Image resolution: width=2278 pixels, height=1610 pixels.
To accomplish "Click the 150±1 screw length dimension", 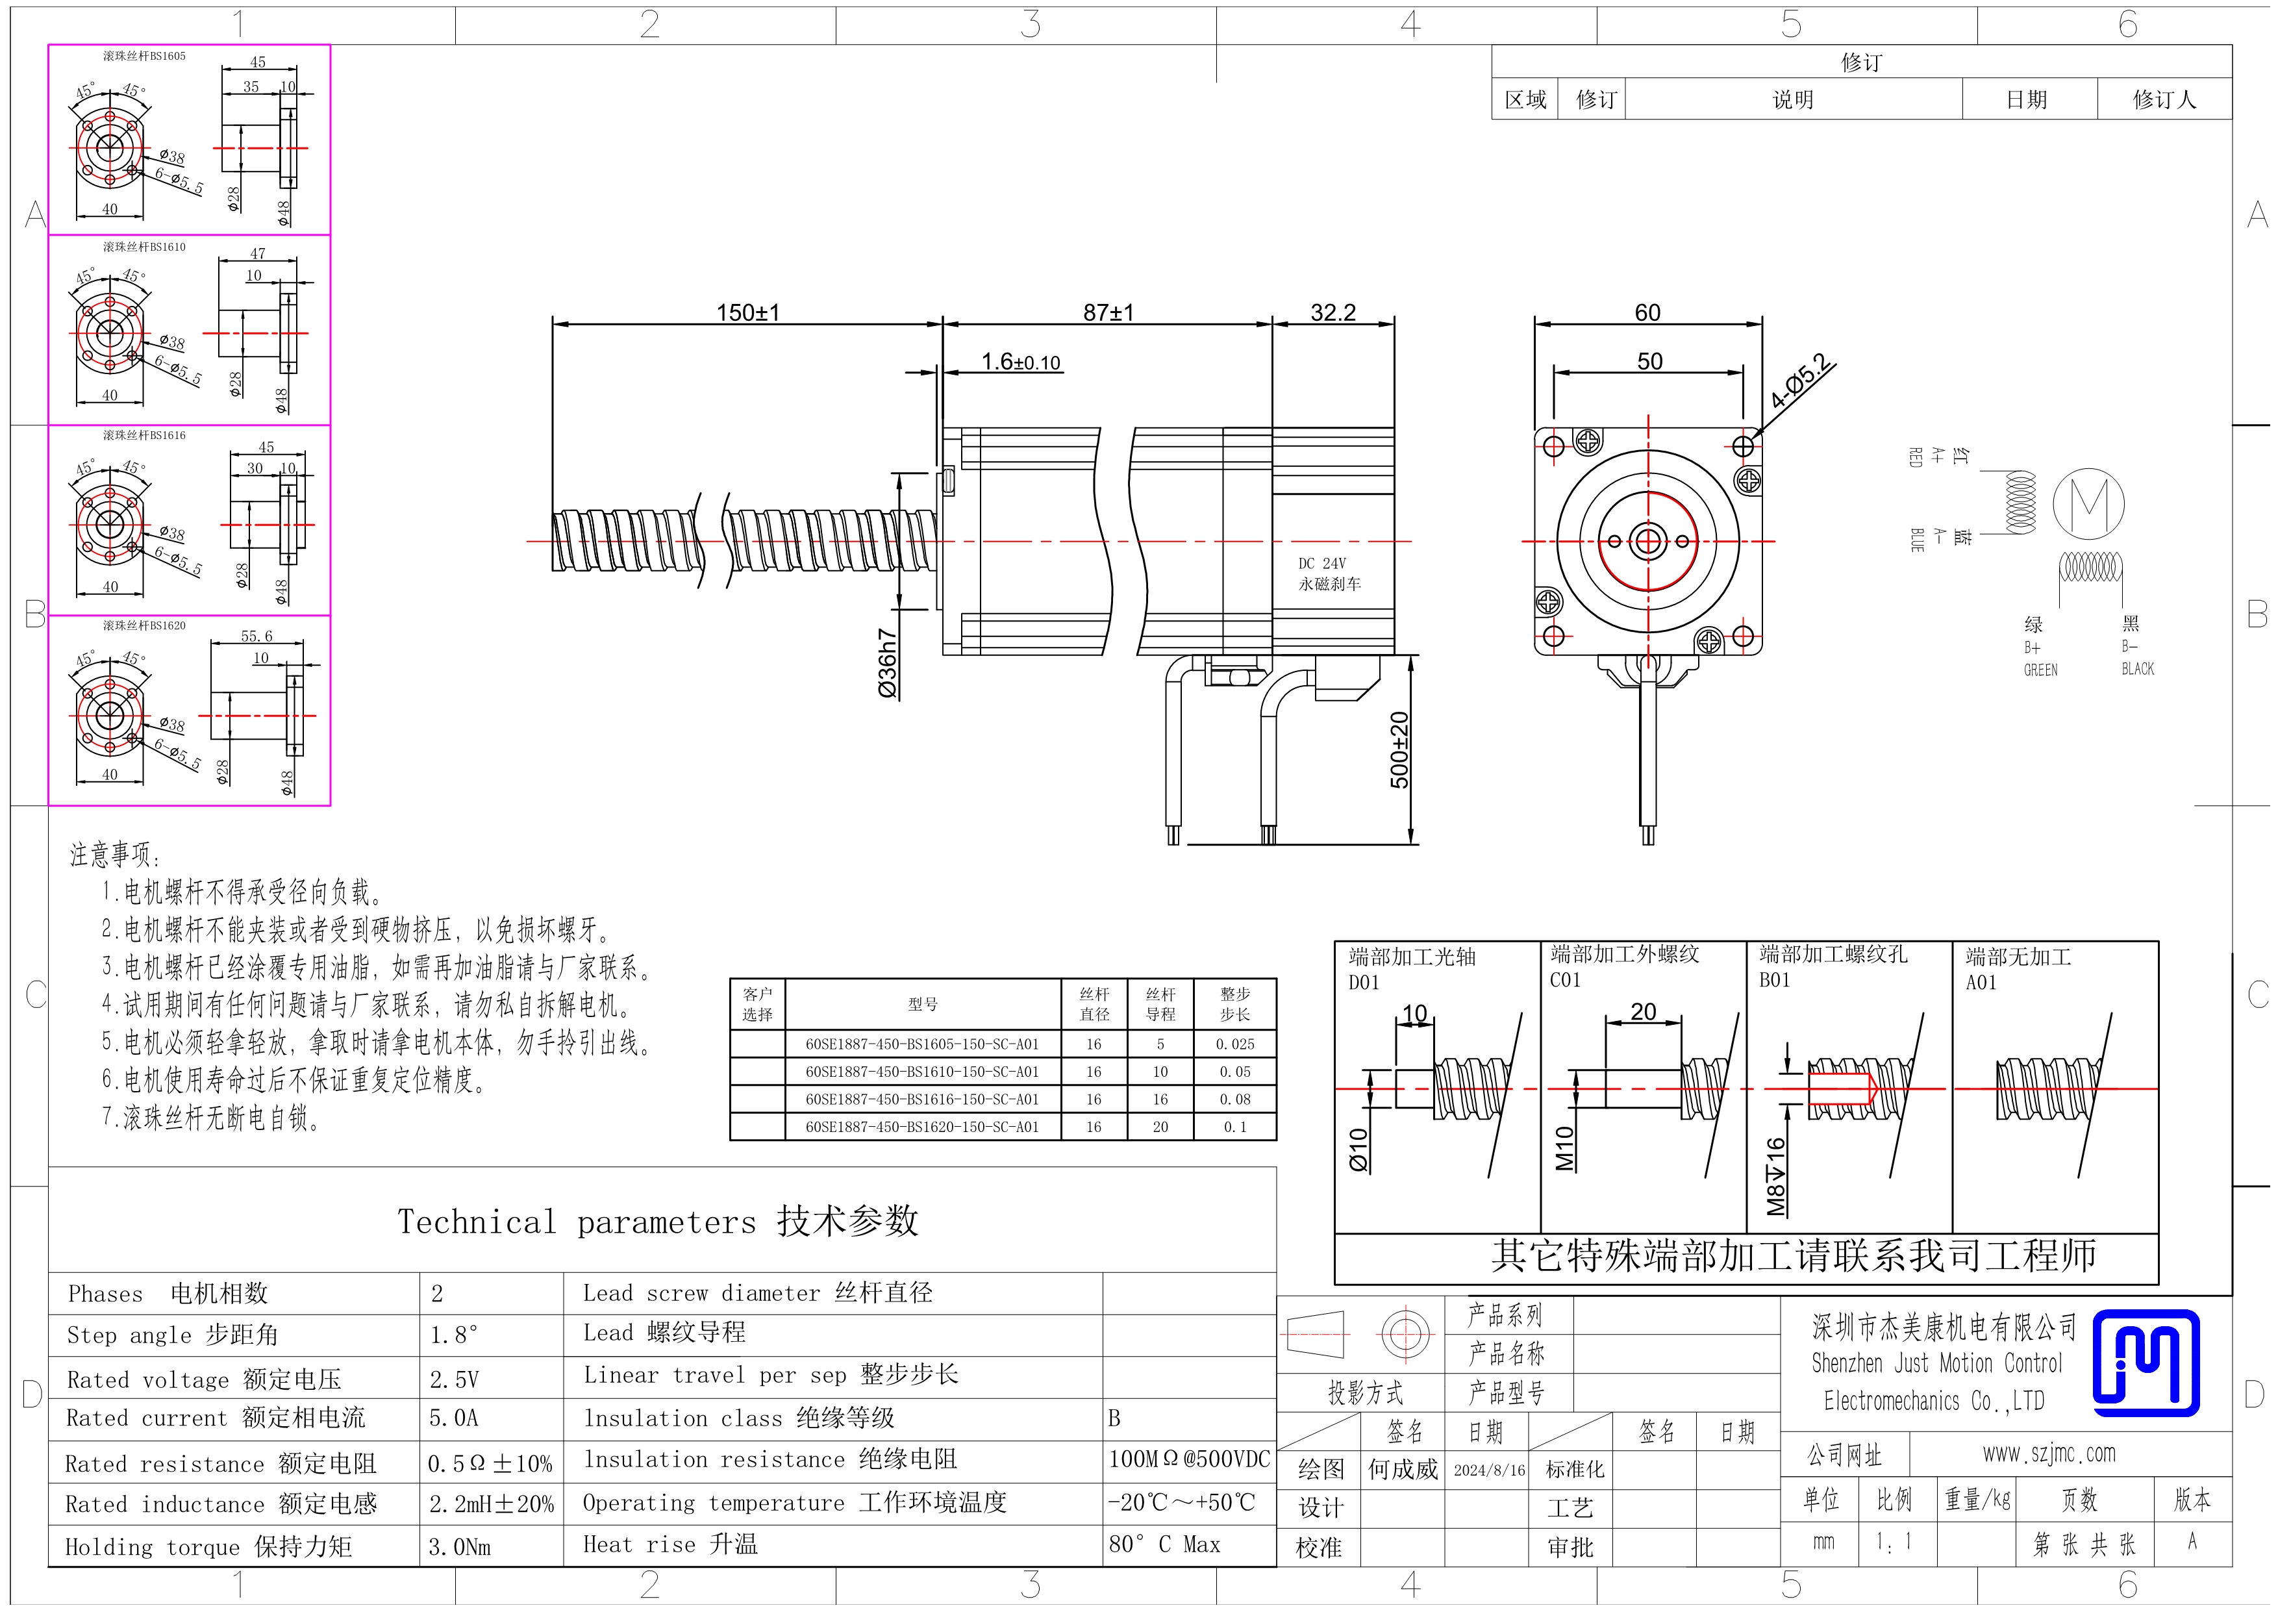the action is [x=748, y=312].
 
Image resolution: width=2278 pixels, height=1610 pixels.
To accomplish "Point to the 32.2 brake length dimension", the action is [x=1333, y=312].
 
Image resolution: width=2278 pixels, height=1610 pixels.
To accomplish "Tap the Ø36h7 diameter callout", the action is [x=887, y=662].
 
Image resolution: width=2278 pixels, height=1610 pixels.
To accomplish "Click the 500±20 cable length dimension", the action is [x=1399, y=750].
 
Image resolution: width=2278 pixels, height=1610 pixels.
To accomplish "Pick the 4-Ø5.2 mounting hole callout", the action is [x=1802, y=382].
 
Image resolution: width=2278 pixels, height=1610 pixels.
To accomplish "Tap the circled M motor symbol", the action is [x=2088, y=503].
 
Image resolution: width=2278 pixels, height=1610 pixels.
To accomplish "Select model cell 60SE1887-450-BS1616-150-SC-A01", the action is [x=921, y=1099].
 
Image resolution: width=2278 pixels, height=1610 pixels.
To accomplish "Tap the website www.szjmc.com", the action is [x=2049, y=1454].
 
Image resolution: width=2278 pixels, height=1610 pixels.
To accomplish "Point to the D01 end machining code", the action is [x=1364, y=982].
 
